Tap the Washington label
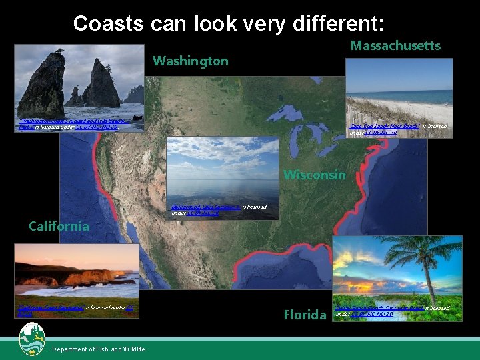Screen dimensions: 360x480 coord(190,61)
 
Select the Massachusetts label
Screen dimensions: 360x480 coord(395,45)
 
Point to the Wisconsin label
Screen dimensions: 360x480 coord(315,175)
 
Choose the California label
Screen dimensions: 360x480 coord(59,226)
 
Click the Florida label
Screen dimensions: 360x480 coord(305,315)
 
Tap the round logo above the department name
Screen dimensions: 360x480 coord(32,335)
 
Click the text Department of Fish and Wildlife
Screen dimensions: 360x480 coord(97,349)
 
